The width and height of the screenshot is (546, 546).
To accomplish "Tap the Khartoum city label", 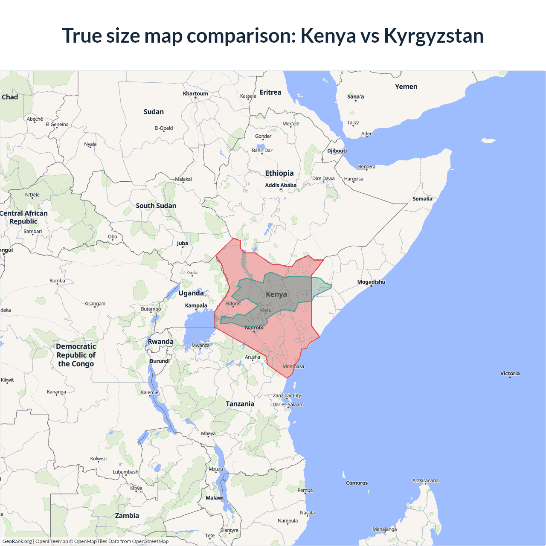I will coord(195,94).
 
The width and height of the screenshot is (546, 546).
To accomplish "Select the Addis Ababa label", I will coord(280,186).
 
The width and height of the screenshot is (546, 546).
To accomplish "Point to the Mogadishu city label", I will coord(371,282).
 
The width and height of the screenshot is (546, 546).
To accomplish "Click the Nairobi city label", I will coord(254,328).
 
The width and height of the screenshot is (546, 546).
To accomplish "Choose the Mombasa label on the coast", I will coord(293,366).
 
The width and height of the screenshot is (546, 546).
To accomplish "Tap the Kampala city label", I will coord(196,305).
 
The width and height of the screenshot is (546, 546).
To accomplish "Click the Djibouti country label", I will coord(337,151).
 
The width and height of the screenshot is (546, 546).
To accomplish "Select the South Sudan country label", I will coord(156,206).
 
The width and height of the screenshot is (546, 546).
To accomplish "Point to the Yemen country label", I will coord(406,87).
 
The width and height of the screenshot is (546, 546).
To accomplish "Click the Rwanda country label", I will coord(160,342).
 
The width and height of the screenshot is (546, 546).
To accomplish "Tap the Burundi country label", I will coord(160,361).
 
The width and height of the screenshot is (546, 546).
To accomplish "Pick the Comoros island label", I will coord(357,483).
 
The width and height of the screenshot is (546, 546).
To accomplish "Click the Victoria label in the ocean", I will coord(510,373).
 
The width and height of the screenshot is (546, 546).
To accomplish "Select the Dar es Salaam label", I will coord(288,404).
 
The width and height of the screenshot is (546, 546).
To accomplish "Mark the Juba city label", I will coord(182,244).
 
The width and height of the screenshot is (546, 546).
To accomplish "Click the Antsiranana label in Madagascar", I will coord(425,480).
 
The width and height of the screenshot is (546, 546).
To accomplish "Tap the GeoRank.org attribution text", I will coord(17,541).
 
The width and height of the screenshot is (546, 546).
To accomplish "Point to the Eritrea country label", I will coord(270,93).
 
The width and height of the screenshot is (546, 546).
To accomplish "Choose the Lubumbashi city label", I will coord(126,472).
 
